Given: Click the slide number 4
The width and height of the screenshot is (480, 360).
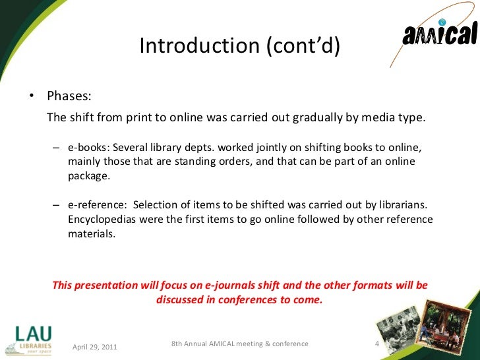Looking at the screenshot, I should click(x=376, y=344).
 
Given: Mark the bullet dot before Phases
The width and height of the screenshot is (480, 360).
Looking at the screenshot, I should click(x=30, y=97).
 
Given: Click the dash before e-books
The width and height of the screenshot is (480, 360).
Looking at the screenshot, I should click(x=57, y=146).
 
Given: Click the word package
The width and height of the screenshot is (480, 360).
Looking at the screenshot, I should click(x=88, y=177).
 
